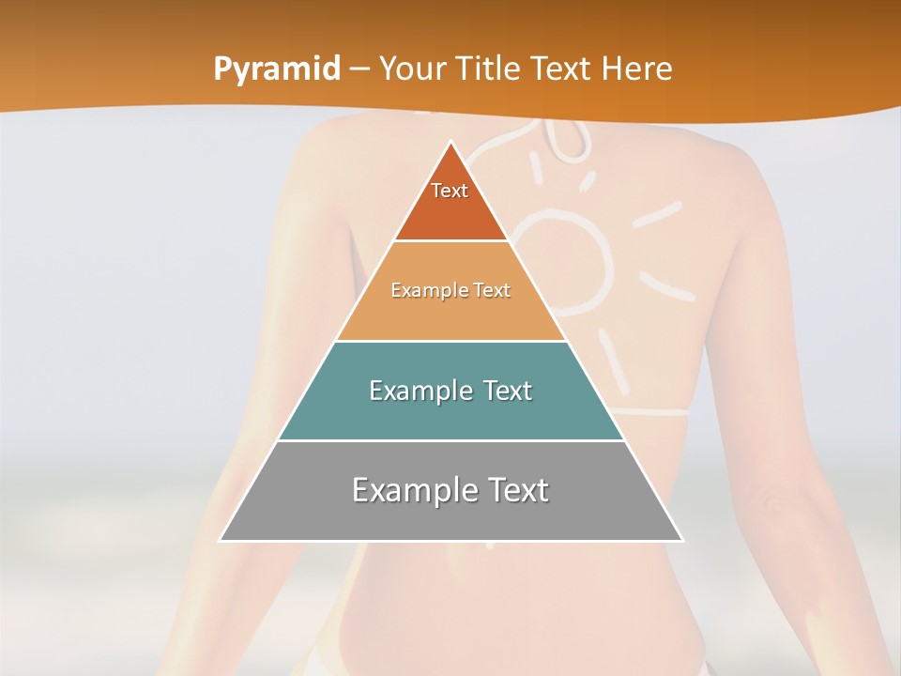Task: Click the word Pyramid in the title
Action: (277, 69)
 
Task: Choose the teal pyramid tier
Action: (450, 413)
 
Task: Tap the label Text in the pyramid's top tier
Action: (450, 191)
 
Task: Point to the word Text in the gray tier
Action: (511, 490)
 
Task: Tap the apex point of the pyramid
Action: (451, 143)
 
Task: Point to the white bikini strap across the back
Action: (657, 411)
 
